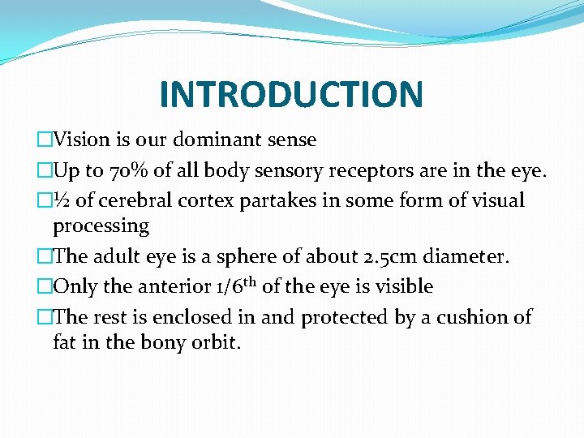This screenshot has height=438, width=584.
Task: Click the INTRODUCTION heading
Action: pos(291,93)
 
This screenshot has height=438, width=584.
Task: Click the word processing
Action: pos(101,225)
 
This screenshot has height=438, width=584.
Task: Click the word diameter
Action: pos(470,256)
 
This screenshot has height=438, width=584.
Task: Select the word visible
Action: pos(405,286)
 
